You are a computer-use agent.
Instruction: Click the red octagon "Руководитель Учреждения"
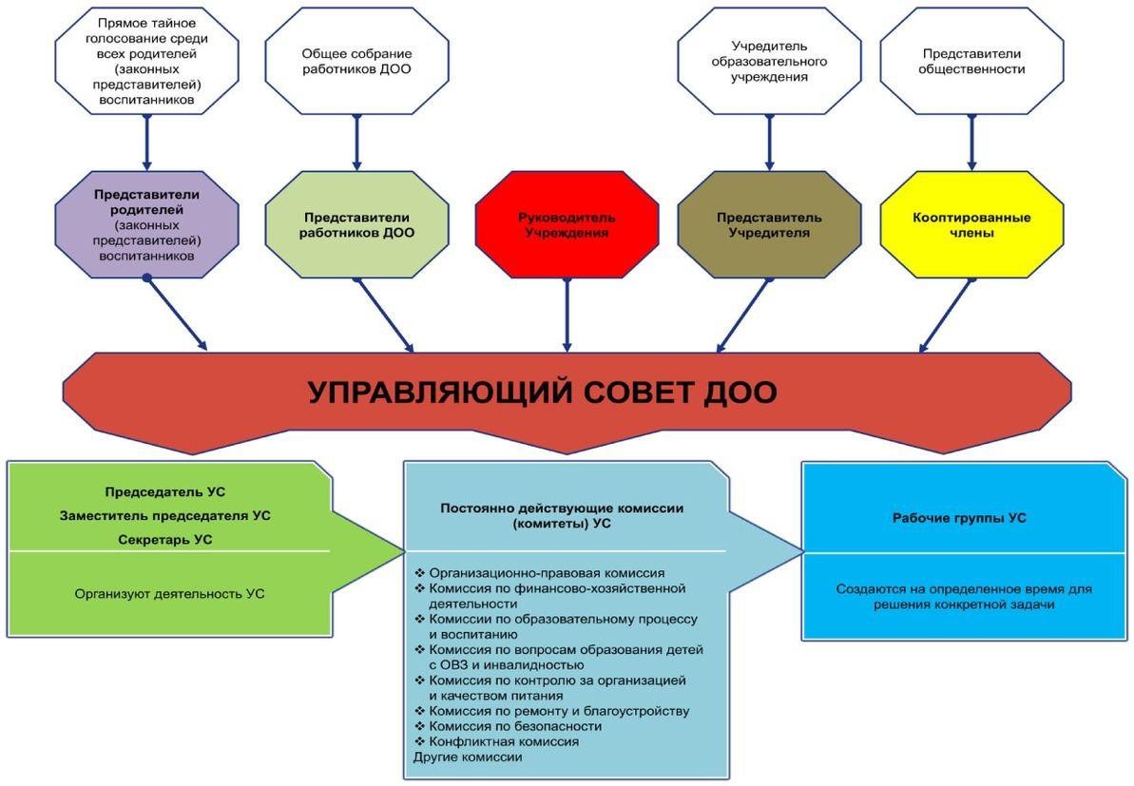[567, 225]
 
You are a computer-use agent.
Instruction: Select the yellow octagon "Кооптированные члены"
[971, 225]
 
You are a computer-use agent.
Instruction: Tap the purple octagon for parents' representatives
[146, 225]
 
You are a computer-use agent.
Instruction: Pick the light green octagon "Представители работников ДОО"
[356, 225]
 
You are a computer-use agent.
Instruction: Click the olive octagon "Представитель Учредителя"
[769, 225]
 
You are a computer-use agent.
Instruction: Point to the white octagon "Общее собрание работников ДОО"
[356, 61]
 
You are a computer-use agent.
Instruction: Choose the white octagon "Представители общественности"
[971, 61]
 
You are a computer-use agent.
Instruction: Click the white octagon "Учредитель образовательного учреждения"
[769, 61]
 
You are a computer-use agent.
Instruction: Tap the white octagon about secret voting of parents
[146, 61]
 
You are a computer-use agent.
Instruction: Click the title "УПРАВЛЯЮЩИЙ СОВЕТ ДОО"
[543, 393]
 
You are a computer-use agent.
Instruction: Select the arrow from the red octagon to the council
[567, 316]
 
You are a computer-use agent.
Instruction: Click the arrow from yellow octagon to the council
[945, 316]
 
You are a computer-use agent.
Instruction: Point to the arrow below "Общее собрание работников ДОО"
[356, 143]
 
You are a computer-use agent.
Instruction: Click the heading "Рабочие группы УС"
[959, 518]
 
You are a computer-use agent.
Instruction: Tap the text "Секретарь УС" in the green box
[165, 540]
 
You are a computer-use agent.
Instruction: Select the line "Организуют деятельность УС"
[169, 594]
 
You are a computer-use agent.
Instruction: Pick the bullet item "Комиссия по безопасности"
[508, 726]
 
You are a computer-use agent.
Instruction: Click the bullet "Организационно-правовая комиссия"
[539, 573]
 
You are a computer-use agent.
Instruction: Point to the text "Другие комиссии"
[468, 757]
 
